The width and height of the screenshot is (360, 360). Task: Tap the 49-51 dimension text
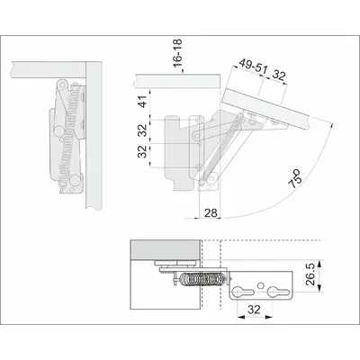(252, 68)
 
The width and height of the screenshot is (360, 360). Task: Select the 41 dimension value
(144, 101)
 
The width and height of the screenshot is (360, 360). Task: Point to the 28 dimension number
(211, 213)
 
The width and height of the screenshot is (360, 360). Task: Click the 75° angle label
(295, 179)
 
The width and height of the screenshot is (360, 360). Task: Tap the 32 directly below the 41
(144, 130)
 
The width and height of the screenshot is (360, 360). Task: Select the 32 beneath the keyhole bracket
(254, 309)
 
